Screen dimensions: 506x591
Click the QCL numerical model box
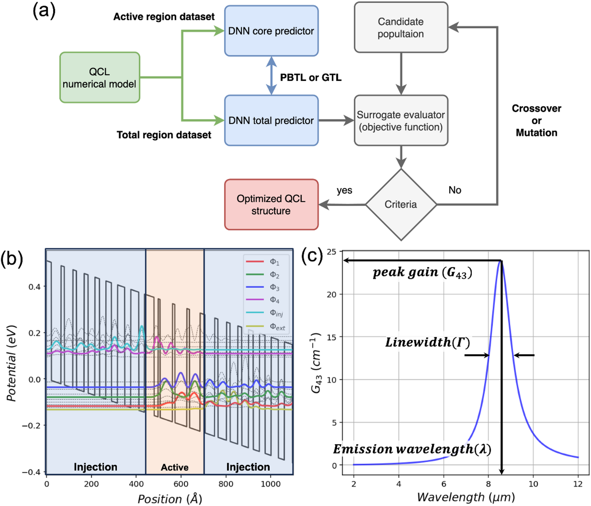(100, 78)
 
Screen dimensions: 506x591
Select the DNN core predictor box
(271, 31)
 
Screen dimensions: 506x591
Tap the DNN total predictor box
(271, 120)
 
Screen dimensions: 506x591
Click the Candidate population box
(401, 28)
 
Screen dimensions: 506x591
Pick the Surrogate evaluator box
(401, 121)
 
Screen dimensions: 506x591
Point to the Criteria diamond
(401, 204)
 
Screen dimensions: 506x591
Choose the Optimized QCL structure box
(271, 205)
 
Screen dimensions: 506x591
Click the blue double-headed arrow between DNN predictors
(271, 76)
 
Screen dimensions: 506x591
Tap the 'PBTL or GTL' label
(310, 78)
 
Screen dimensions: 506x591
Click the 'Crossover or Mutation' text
(536, 120)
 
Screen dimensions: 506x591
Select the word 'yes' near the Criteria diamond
(344, 190)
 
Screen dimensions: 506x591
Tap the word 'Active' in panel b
(175, 467)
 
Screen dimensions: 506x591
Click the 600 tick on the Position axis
(181, 484)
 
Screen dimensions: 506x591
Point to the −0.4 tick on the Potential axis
(31, 472)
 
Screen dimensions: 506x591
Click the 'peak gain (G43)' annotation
(422, 273)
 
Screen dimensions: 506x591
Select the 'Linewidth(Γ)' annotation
(427, 342)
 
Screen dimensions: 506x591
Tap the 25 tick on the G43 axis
(332, 252)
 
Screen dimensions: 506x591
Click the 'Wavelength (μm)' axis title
(466, 497)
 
